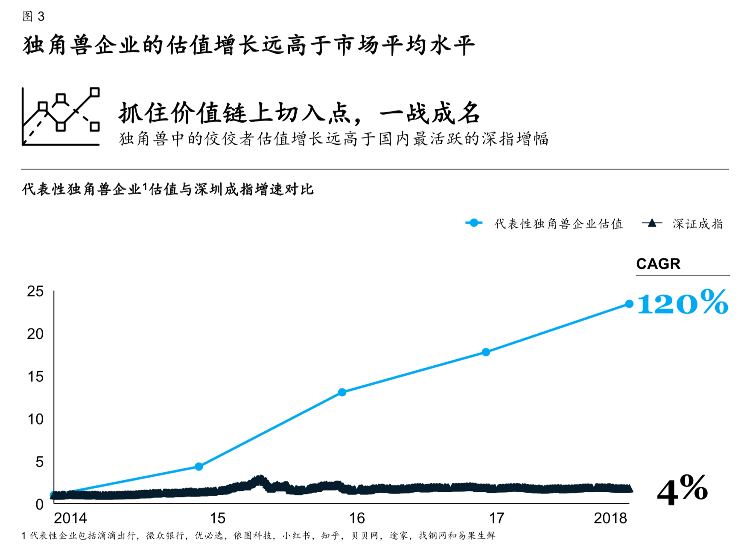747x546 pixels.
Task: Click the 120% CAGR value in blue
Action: tap(682, 303)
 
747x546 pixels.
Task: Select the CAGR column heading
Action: tap(658, 264)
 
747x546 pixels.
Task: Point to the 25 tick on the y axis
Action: tap(35, 291)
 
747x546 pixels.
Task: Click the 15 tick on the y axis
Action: tap(35, 377)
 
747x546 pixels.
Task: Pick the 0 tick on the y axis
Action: tap(39, 505)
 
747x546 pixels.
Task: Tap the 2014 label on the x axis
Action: tap(70, 518)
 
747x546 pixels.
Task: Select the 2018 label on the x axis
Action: tap(610, 518)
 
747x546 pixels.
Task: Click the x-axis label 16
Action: tap(357, 518)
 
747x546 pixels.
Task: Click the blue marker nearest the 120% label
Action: tap(629, 304)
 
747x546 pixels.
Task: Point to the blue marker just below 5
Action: tap(198, 467)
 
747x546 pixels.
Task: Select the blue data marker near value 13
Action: tap(342, 392)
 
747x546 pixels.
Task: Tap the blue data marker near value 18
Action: tap(486, 352)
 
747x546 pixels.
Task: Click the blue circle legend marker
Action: tap(473, 223)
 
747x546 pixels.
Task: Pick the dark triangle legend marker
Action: tap(651, 223)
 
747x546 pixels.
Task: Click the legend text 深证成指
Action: tap(697, 224)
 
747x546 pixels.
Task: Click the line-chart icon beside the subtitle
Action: tap(61, 116)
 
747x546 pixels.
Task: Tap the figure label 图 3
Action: tap(33, 16)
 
